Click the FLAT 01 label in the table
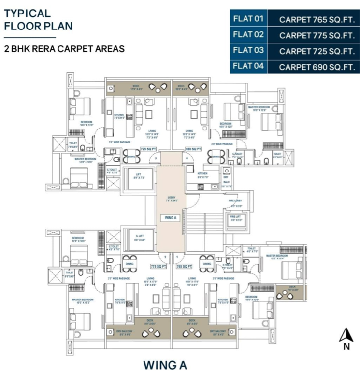point(249,19)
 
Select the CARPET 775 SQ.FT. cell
point(317,35)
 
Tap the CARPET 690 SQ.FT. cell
point(317,67)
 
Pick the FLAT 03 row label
point(249,50)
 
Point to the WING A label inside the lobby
point(171,218)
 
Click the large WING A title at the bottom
point(165,364)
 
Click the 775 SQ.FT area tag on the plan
point(158,266)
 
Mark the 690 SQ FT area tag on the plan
point(193,149)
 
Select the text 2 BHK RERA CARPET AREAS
point(64,49)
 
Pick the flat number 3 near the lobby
point(156,157)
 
